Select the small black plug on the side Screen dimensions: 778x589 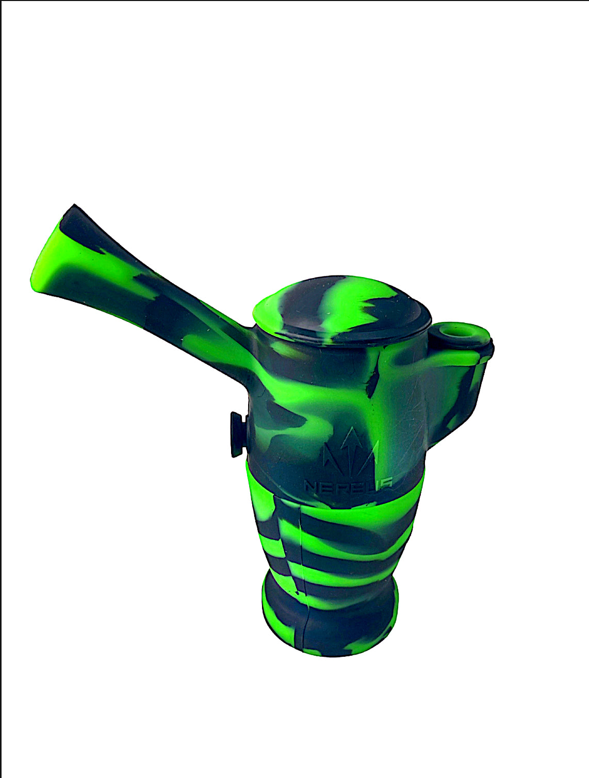236,434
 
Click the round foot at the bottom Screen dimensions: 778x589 330,619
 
